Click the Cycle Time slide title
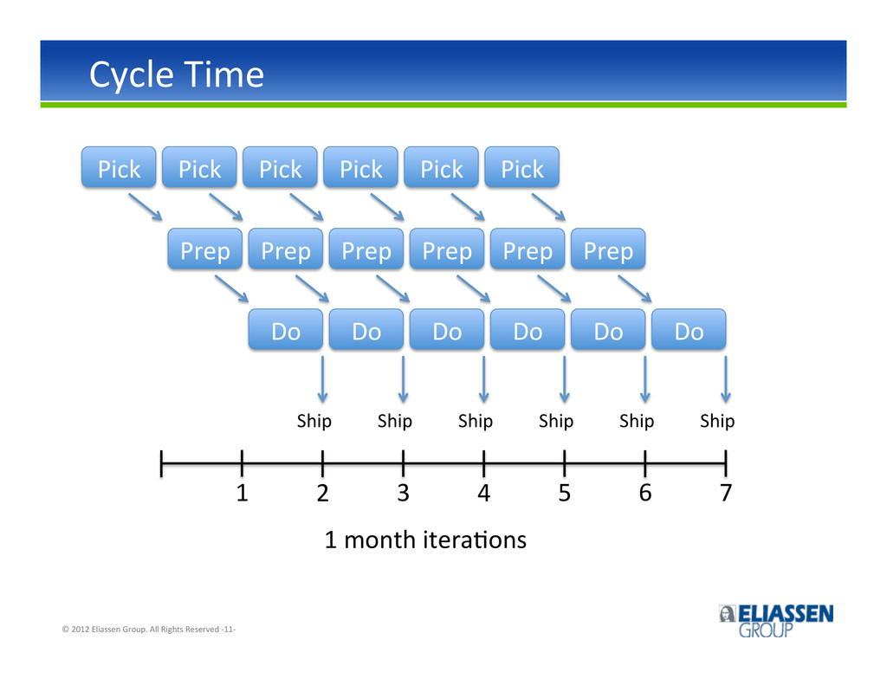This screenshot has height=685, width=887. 177,74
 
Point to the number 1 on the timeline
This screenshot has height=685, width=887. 243,493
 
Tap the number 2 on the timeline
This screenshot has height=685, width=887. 322,493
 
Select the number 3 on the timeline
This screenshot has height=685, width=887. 404,493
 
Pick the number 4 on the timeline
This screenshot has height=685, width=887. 483,493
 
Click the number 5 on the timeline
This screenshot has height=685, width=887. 565,493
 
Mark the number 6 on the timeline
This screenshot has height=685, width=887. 644,493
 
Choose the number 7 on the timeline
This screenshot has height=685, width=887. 726,493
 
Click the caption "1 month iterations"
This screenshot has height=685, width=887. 425,540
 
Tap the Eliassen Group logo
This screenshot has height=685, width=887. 776,621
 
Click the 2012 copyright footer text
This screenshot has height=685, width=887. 148,629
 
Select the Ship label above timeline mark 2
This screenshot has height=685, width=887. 314,422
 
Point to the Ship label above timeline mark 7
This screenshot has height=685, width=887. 717,422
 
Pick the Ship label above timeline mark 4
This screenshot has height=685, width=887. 476,422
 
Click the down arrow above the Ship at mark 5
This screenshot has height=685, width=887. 565,379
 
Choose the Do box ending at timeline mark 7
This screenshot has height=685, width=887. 689,329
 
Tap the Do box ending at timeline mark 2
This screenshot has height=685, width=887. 286,329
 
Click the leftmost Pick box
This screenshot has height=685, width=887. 119,167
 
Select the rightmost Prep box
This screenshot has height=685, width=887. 608,249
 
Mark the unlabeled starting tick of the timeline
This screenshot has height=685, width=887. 161,464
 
